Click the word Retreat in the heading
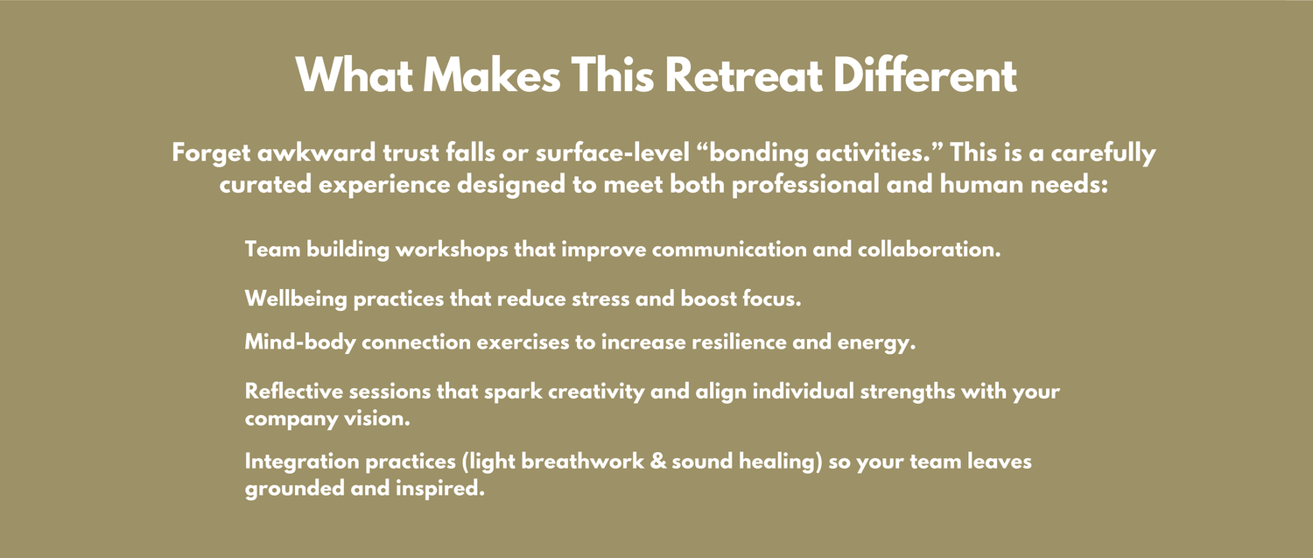[x=744, y=75]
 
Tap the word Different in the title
[x=925, y=75]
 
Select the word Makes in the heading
[x=492, y=75]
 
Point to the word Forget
[x=211, y=153]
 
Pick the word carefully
[x=1103, y=153]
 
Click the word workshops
[x=452, y=250]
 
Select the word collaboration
[x=929, y=250]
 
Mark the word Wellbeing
[x=296, y=300]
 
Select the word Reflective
[x=293, y=392]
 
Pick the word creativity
[x=596, y=392]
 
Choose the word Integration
[x=302, y=462]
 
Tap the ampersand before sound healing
[x=658, y=462]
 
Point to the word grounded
[x=294, y=489]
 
